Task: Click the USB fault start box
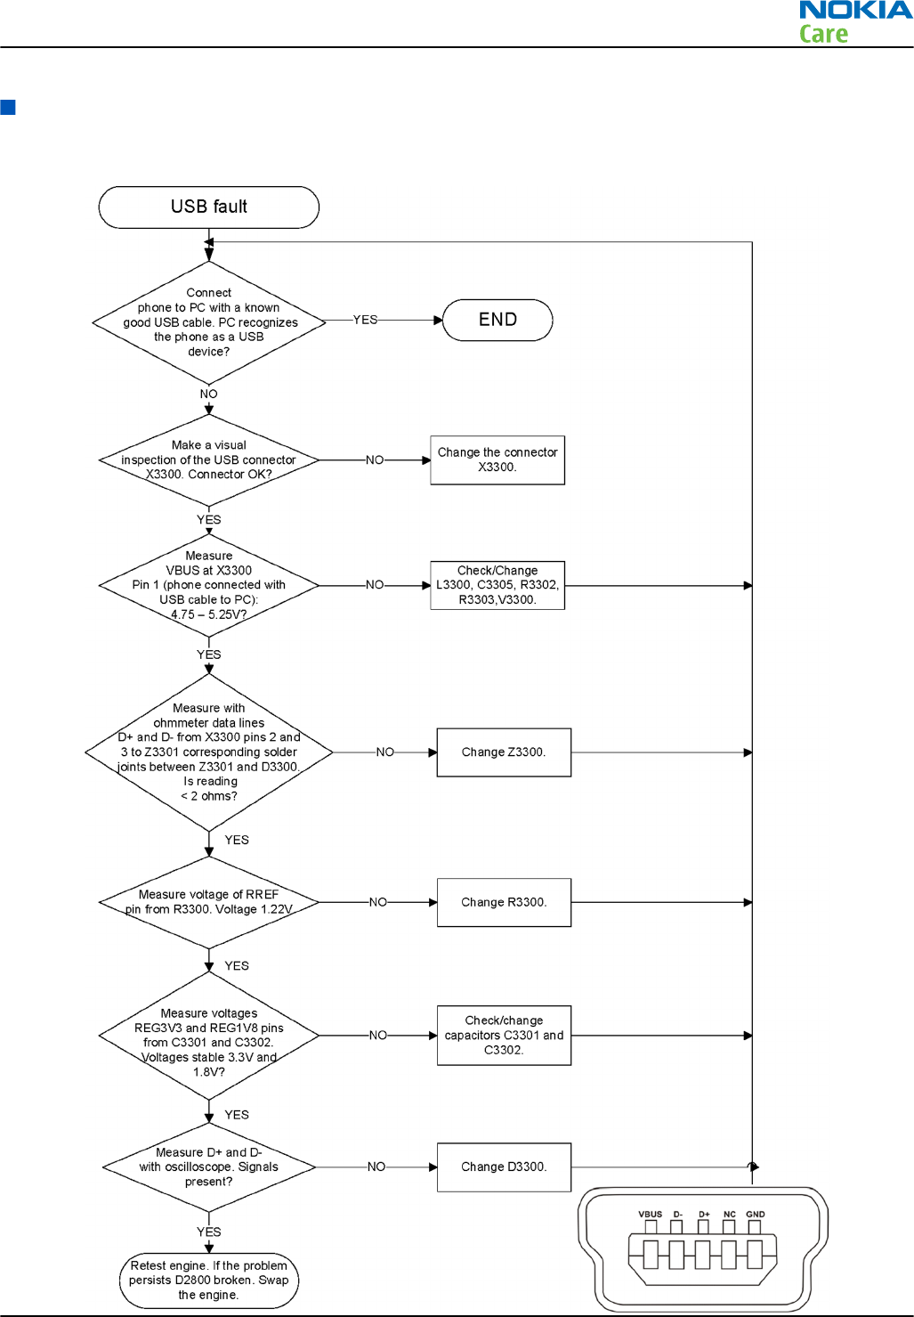pyautogui.click(x=208, y=207)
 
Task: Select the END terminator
pyautogui.click(x=497, y=320)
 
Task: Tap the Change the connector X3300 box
pyautogui.click(x=497, y=459)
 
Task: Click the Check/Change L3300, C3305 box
pyautogui.click(x=497, y=585)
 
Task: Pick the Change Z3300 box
pyautogui.click(x=504, y=752)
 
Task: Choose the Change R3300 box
pyautogui.click(x=504, y=902)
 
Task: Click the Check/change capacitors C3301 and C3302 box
pyautogui.click(x=504, y=1035)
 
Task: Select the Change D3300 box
pyautogui.click(x=504, y=1167)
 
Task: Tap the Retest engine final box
pyautogui.click(x=208, y=1280)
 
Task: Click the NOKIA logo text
pyautogui.click(x=856, y=11)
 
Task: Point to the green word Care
pyautogui.click(x=823, y=34)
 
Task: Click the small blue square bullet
pyautogui.click(x=8, y=107)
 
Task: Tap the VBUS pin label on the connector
pyautogui.click(x=650, y=1214)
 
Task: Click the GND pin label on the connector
pyautogui.click(x=756, y=1214)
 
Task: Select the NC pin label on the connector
pyautogui.click(x=730, y=1214)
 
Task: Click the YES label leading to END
pyautogui.click(x=365, y=320)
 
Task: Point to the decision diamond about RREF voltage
pyautogui.click(x=208, y=902)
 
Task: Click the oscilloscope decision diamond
pyautogui.click(x=208, y=1167)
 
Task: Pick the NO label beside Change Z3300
pyautogui.click(x=385, y=752)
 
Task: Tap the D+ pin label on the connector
pyautogui.click(x=704, y=1214)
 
